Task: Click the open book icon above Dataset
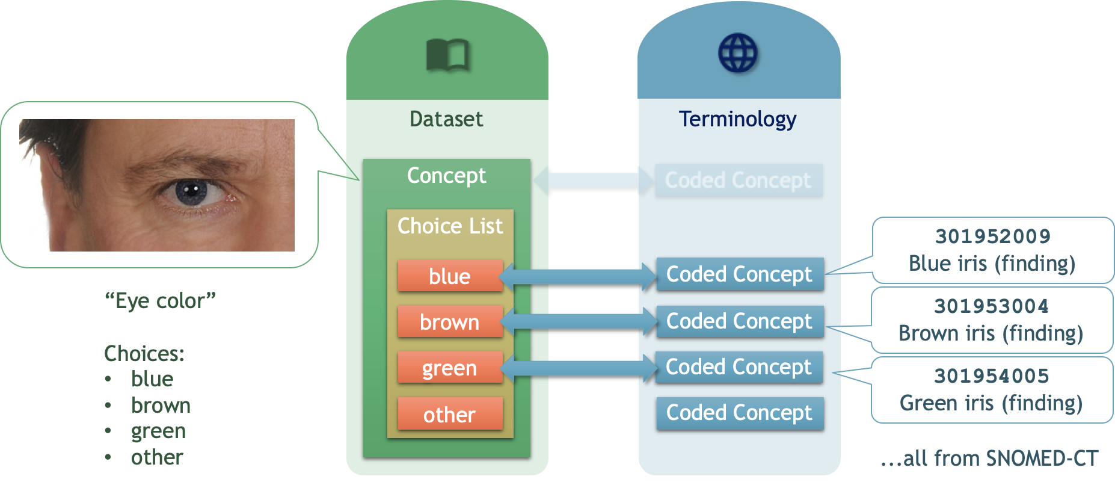[447, 55]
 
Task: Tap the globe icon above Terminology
[738, 53]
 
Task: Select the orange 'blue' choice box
[450, 276]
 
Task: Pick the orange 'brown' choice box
[450, 322]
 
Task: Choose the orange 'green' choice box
[450, 368]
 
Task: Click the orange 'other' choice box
[450, 414]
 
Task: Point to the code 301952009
[992, 236]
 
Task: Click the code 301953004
[991, 306]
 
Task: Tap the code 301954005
[991, 376]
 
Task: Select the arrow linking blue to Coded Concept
[579, 276]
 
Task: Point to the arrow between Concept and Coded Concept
[594, 180]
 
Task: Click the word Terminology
[737, 119]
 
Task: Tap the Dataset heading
[446, 119]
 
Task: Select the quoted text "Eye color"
[160, 300]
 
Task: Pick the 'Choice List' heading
[450, 226]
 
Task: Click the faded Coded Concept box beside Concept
[738, 180]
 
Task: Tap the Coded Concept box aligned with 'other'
[739, 413]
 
